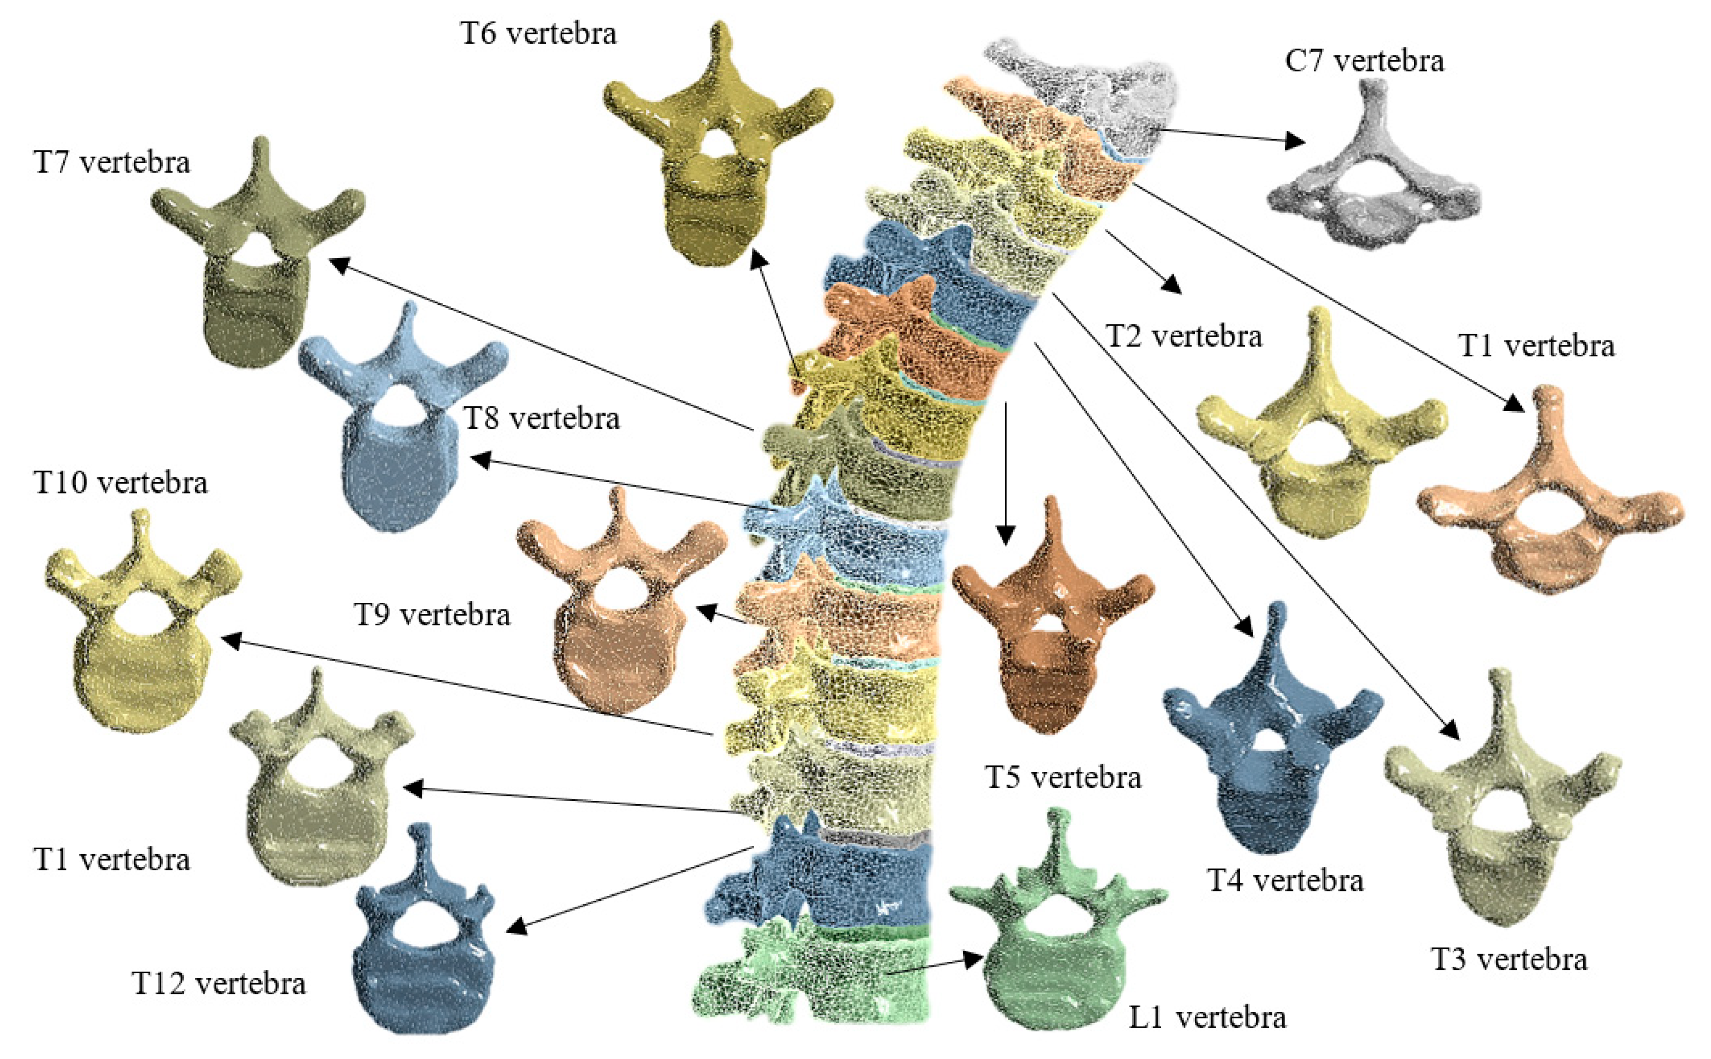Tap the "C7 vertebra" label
(1364, 61)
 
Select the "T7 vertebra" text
(111, 163)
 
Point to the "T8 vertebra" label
(542, 418)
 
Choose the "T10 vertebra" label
(121, 483)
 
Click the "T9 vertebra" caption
(432, 615)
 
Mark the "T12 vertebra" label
(219, 984)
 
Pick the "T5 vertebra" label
(1063, 777)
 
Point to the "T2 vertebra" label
(1184, 337)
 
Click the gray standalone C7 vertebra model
(1373, 182)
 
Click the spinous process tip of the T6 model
(719, 31)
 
